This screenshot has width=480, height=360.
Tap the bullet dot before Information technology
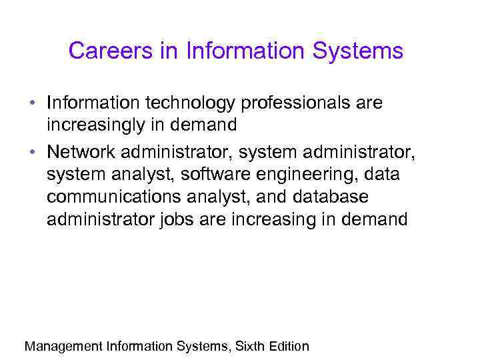[32, 104]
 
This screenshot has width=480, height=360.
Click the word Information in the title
[239, 51]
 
